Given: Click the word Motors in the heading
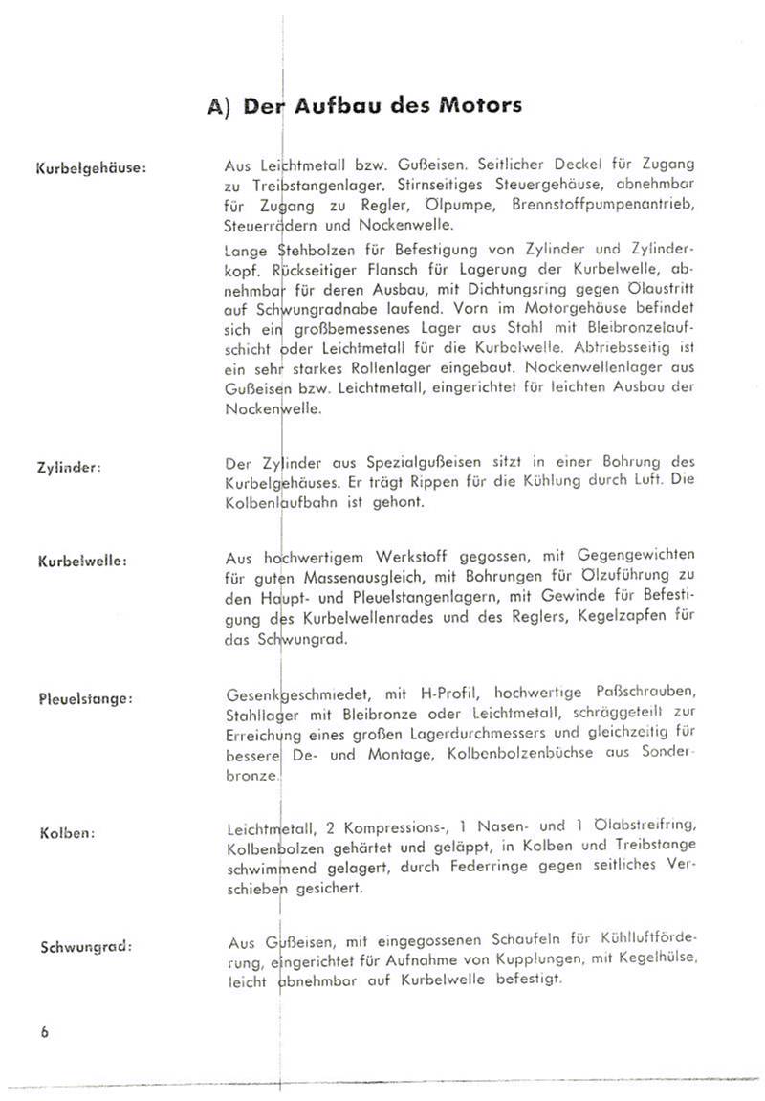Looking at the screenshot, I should pos(481,105).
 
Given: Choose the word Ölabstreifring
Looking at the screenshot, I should pos(645,825).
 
